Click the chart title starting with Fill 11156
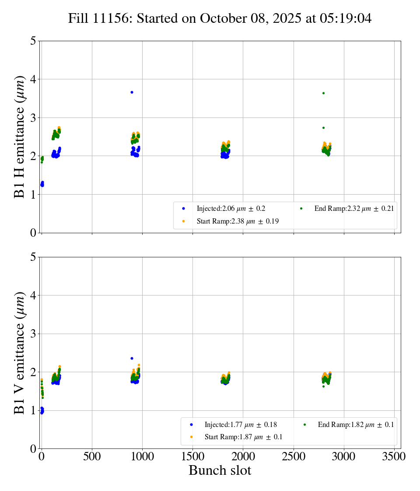click(220, 18)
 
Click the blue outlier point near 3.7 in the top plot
click(132, 92)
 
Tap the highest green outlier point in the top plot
click(323, 93)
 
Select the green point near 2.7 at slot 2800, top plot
click(323, 128)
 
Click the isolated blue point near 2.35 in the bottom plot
click(132, 358)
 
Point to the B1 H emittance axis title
click(20, 137)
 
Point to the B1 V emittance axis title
click(20, 353)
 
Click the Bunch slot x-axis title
click(220, 470)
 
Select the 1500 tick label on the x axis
click(193, 456)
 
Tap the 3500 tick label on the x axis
click(394, 456)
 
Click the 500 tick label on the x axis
click(92, 456)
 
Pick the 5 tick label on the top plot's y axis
click(33, 42)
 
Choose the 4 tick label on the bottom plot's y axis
click(33, 295)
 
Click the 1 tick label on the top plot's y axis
click(33, 195)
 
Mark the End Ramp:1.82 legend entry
click(355, 424)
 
